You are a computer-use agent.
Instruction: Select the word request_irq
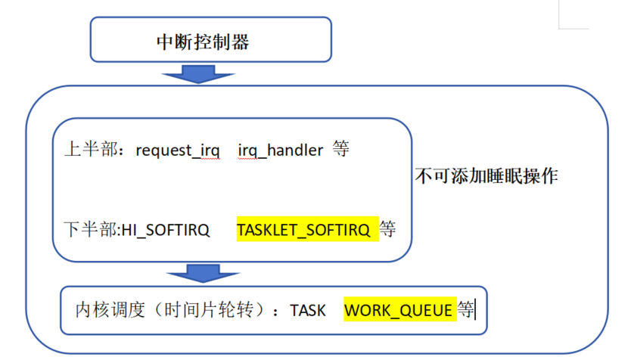[x=178, y=150]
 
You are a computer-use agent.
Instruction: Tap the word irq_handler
[x=281, y=150]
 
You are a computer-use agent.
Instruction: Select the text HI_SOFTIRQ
[x=166, y=228]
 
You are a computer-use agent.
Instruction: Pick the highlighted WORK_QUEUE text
[x=399, y=309]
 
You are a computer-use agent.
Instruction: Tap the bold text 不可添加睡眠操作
[x=487, y=176]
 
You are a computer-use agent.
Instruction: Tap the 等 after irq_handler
[x=340, y=150]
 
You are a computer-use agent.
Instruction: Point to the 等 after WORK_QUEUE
[x=465, y=309]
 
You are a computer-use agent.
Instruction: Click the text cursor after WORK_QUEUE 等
[x=475, y=309]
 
